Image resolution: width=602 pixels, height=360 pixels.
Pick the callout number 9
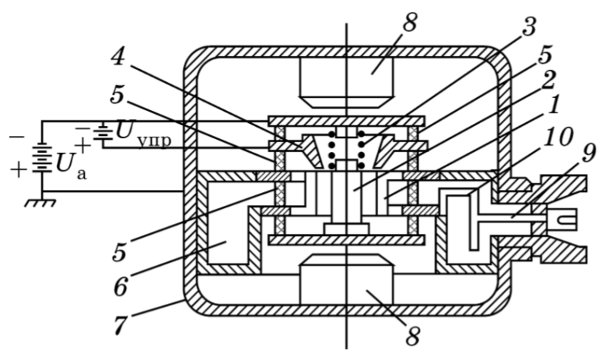[x=584, y=152]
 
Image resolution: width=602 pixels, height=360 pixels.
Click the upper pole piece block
[x=347, y=81]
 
